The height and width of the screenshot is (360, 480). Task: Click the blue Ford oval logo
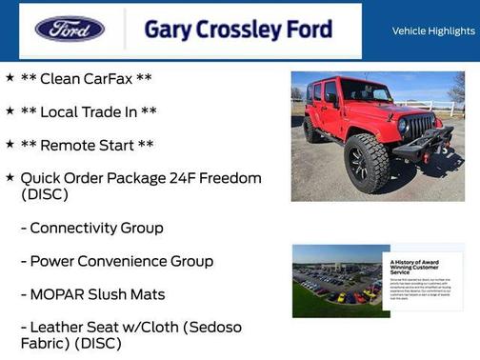pyautogui.click(x=70, y=29)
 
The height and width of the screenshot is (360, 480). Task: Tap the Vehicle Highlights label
pyautogui.click(x=433, y=30)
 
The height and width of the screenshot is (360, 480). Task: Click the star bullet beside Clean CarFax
pyautogui.click(x=10, y=78)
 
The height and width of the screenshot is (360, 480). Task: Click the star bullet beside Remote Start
pyautogui.click(x=10, y=145)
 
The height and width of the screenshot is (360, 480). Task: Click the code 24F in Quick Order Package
pyautogui.click(x=186, y=178)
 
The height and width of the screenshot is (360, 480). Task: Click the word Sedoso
pyautogui.click(x=214, y=328)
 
